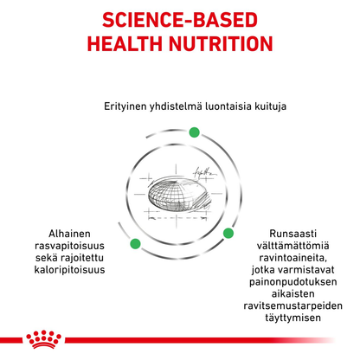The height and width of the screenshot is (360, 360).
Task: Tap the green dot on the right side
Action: pos(228,234)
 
